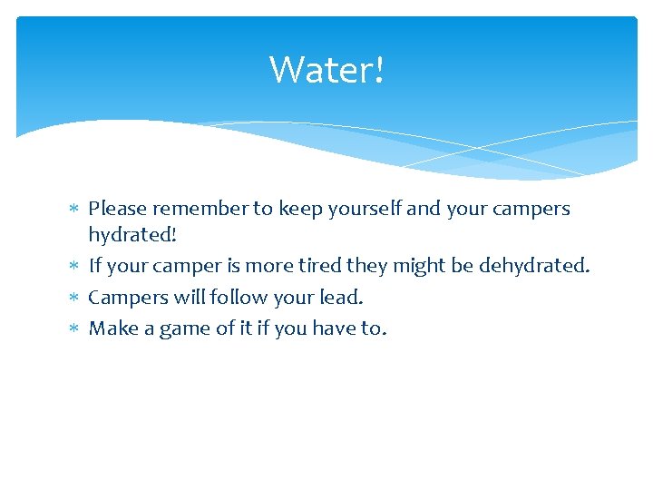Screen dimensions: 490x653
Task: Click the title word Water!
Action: [326, 69]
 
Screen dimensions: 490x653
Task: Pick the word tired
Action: [325, 266]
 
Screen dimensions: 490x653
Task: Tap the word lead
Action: [341, 297]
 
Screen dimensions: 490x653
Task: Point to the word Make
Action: [112, 328]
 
